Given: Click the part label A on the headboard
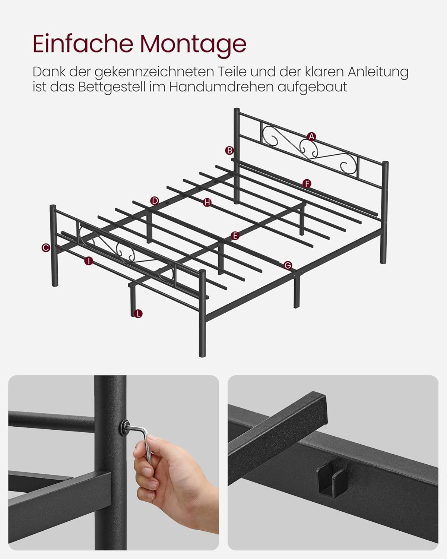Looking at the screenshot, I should point(311,137).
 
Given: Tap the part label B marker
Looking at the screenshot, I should point(229,151).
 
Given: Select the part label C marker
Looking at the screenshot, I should point(46,247).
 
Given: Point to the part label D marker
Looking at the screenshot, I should point(155,201).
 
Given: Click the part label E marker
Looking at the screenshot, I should point(234,236).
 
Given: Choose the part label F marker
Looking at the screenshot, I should point(307,184).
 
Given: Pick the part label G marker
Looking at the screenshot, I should point(288,265).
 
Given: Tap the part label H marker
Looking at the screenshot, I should point(207,202).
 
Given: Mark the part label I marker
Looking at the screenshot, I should point(88,261).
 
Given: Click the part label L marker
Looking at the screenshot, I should point(138,314).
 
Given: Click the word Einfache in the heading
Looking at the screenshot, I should point(83,44).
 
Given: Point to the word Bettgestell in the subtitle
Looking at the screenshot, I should point(121,87).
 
